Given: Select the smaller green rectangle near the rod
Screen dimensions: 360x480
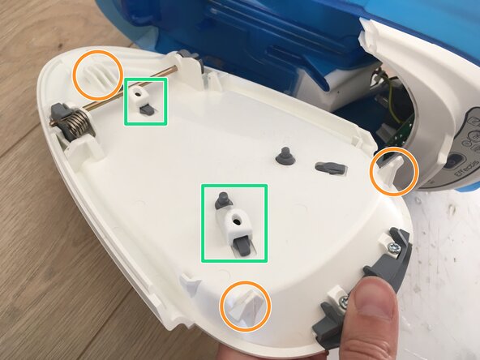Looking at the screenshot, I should coord(145,101).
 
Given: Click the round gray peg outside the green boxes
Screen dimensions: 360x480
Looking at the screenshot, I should coord(284,155).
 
